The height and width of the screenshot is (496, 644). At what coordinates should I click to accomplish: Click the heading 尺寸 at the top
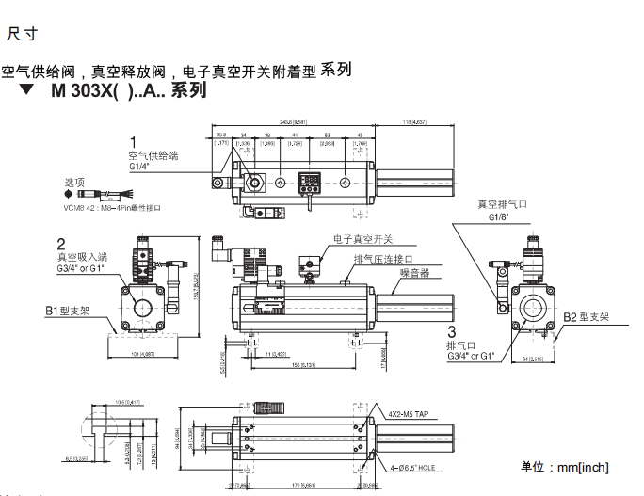point(23,35)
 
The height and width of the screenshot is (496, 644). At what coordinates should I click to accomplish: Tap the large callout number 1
point(133,142)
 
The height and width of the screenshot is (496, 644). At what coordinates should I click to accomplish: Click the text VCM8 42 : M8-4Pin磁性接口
point(112,206)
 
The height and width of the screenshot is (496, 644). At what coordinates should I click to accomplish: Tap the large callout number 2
point(61,243)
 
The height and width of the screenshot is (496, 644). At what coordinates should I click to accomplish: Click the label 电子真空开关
point(362,240)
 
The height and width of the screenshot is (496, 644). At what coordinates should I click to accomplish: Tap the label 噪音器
point(414,274)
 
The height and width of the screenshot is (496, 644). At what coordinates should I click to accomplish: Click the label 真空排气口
point(503,204)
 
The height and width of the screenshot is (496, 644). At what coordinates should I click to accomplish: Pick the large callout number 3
point(452,332)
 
